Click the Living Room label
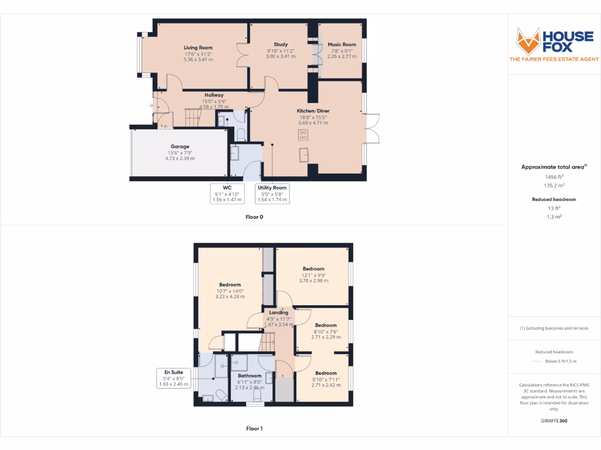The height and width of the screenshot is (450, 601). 198,47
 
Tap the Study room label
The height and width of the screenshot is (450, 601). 281,45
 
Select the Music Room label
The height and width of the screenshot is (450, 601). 342,45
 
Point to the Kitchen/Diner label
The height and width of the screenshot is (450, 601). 313,111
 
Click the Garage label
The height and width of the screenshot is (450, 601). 180,146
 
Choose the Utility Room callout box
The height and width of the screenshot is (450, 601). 272,193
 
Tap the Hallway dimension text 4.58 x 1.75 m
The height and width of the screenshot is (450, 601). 214,107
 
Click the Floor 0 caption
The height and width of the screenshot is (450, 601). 254,217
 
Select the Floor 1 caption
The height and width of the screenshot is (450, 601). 254,428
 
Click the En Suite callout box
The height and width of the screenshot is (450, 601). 174,378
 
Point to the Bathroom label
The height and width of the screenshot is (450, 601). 249,376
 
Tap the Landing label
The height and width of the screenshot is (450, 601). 279,313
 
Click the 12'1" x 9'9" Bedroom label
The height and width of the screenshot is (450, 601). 313,269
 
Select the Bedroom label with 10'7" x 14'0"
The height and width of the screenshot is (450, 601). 230,285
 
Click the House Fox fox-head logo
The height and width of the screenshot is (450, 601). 528,41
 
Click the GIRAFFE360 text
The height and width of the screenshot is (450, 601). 554,421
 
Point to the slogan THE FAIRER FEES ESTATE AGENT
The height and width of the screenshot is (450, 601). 553,59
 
